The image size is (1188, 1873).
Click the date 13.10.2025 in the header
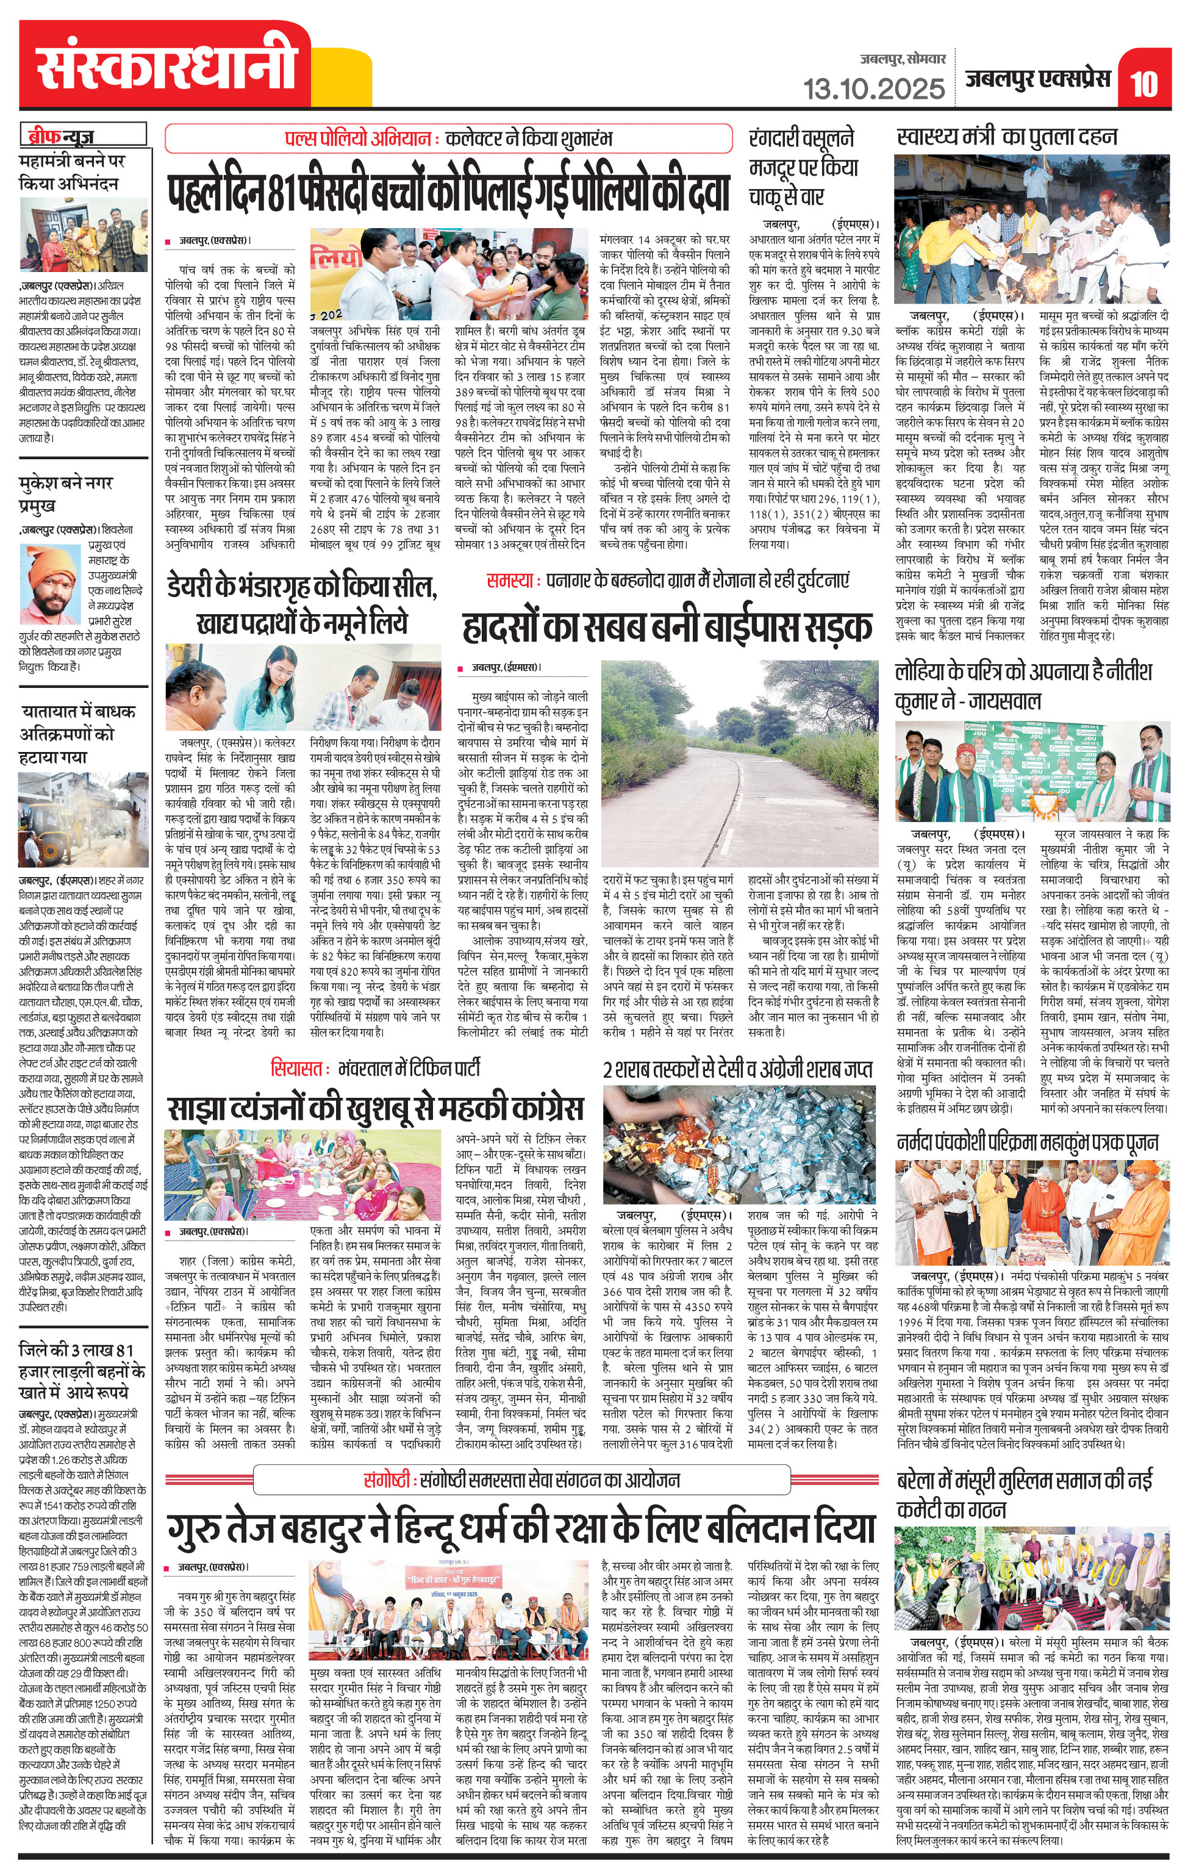pyautogui.click(x=874, y=88)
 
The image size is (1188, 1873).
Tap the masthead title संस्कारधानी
pyautogui.click(x=166, y=66)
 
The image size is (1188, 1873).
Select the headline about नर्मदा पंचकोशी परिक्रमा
pyautogui.click(x=1027, y=1142)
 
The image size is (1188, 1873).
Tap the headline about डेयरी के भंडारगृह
pyautogui.click(x=302, y=605)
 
